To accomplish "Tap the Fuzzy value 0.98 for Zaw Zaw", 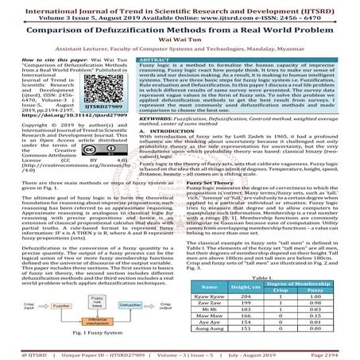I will (330, 303).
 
